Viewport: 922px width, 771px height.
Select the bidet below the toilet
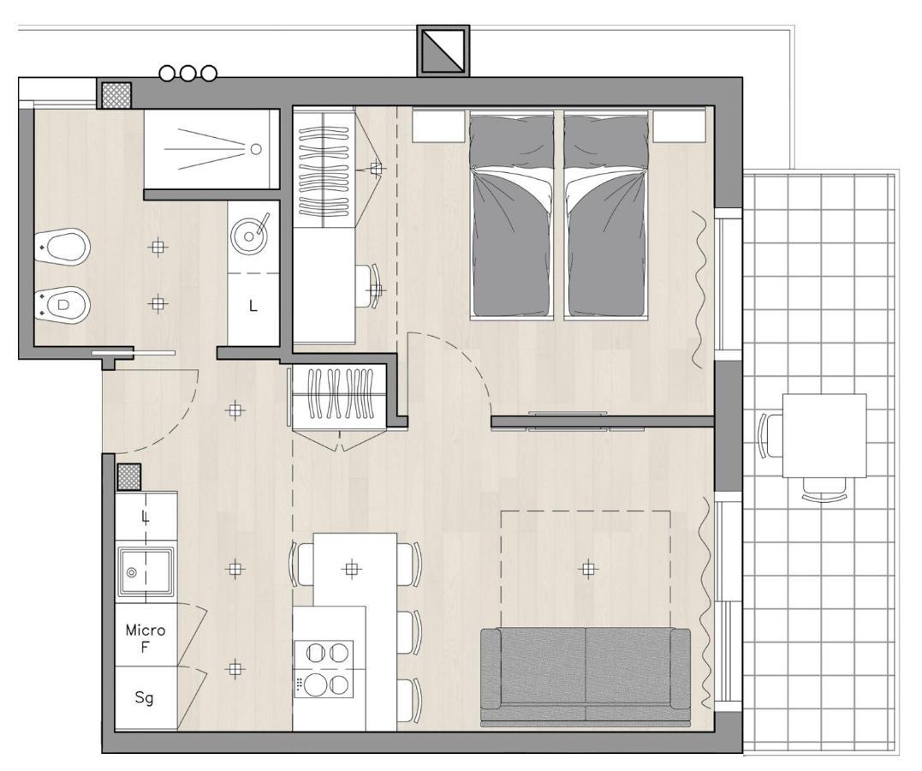click(65, 302)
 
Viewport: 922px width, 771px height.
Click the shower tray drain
click(255, 149)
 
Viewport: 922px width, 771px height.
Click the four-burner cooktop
click(324, 668)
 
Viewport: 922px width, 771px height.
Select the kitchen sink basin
click(145, 571)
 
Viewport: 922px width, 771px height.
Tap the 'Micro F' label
click(146, 638)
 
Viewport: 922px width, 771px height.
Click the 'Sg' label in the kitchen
click(145, 698)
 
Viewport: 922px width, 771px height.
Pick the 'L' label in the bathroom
click(253, 306)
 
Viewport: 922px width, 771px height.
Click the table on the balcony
click(824, 435)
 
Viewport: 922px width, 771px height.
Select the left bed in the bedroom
click(511, 214)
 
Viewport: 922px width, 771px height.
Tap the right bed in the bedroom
click(604, 214)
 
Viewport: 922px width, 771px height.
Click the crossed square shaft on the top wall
click(443, 51)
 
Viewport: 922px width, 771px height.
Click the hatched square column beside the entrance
click(128, 475)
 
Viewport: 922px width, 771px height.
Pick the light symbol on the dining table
click(351, 567)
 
